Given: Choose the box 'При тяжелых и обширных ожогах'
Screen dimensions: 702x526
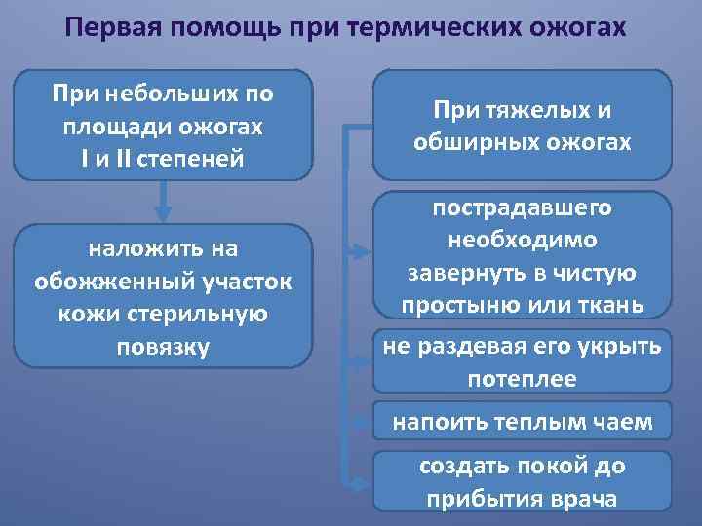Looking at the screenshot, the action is [523, 127].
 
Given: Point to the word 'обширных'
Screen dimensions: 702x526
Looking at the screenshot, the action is [468, 142].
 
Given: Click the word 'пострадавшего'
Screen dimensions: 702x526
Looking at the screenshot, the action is [523, 209].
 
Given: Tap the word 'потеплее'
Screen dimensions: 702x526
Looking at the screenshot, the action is [523, 379].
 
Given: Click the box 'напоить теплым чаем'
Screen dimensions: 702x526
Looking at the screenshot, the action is [523, 423].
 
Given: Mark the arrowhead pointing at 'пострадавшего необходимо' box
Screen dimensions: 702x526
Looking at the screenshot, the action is [361, 256].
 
